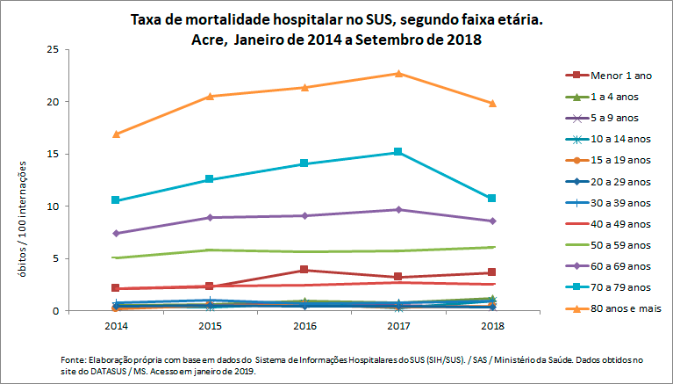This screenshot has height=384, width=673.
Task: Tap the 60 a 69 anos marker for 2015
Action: click(209, 217)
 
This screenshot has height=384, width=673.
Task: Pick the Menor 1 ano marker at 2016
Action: click(304, 270)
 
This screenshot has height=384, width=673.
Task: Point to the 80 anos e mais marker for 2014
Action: click(115, 134)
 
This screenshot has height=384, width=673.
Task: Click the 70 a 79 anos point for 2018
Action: click(491, 199)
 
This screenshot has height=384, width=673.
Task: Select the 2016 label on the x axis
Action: click(304, 326)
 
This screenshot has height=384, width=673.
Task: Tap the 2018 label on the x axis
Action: click(491, 326)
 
